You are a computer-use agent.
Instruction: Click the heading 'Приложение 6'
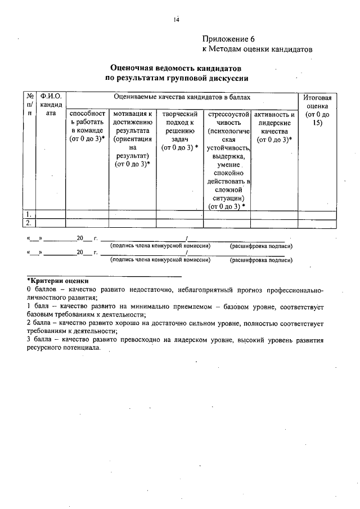228,39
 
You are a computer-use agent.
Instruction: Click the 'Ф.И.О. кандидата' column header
51,105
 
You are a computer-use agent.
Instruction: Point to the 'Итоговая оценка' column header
317,110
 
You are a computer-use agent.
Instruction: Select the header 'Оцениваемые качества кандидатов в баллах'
182,97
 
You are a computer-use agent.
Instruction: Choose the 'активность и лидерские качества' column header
274,127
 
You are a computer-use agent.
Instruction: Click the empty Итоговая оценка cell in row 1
317,214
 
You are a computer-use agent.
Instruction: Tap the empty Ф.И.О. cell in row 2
51,223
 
